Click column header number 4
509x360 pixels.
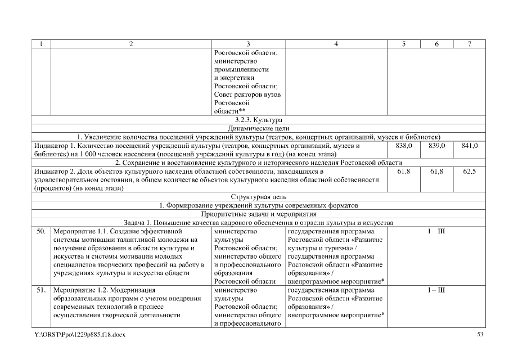[336, 44]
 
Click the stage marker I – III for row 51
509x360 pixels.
[436, 290]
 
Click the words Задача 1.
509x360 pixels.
[138, 222]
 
